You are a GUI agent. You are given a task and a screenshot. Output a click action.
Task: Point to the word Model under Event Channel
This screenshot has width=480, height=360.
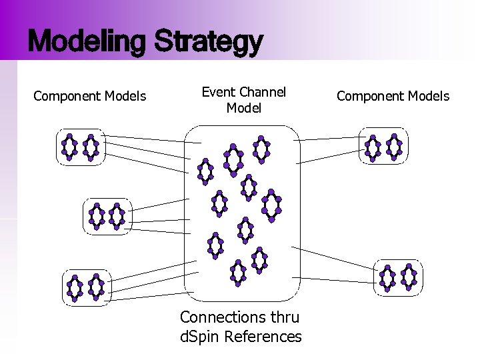(x=243, y=107)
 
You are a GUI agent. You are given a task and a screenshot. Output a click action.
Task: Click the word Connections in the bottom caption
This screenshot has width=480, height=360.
(x=223, y=317)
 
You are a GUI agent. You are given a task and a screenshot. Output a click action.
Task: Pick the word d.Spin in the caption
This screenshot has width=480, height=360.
(x=199, y=337)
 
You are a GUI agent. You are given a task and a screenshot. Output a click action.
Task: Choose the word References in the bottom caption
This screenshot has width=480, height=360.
(x=263, y=337)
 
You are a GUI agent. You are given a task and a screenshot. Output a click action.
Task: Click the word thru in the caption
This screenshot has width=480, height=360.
(x=283, y=317)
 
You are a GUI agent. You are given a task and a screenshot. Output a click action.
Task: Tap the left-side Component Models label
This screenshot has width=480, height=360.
(x=90, y=97)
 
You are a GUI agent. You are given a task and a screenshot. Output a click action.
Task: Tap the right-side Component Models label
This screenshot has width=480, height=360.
(x=393, y=97)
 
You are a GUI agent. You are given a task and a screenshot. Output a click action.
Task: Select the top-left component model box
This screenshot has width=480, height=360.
(x=80, y=147)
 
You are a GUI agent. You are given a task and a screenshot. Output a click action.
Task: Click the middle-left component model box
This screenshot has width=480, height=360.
(x=107, y=215)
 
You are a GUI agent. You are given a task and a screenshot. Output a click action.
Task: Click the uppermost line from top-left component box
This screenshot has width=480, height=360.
(x=143, y=138)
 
